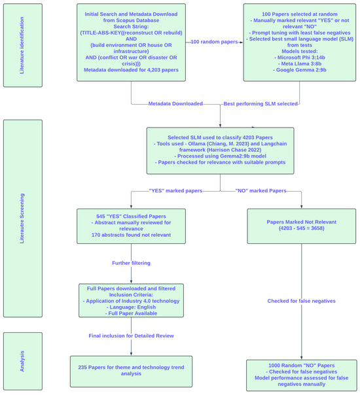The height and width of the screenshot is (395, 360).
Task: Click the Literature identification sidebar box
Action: click(x=23, y=45)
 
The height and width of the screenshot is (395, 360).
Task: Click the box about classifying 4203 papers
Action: click(x=220, y=148)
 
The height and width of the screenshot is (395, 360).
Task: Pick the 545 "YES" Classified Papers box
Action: click(x=131, y=226)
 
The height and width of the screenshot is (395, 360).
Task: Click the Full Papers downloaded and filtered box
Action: click(x=131, y=300)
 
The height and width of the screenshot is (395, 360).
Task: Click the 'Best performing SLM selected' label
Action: click(x=261, y=103)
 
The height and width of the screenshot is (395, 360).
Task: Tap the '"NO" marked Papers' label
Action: click(x=262, y=190)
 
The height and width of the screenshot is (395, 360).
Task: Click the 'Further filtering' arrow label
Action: click(x=131, y=263)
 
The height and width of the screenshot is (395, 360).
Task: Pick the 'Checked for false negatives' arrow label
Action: click(x=302, y=301)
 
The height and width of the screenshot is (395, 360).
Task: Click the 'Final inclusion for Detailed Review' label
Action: click(x=131, y=335)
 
